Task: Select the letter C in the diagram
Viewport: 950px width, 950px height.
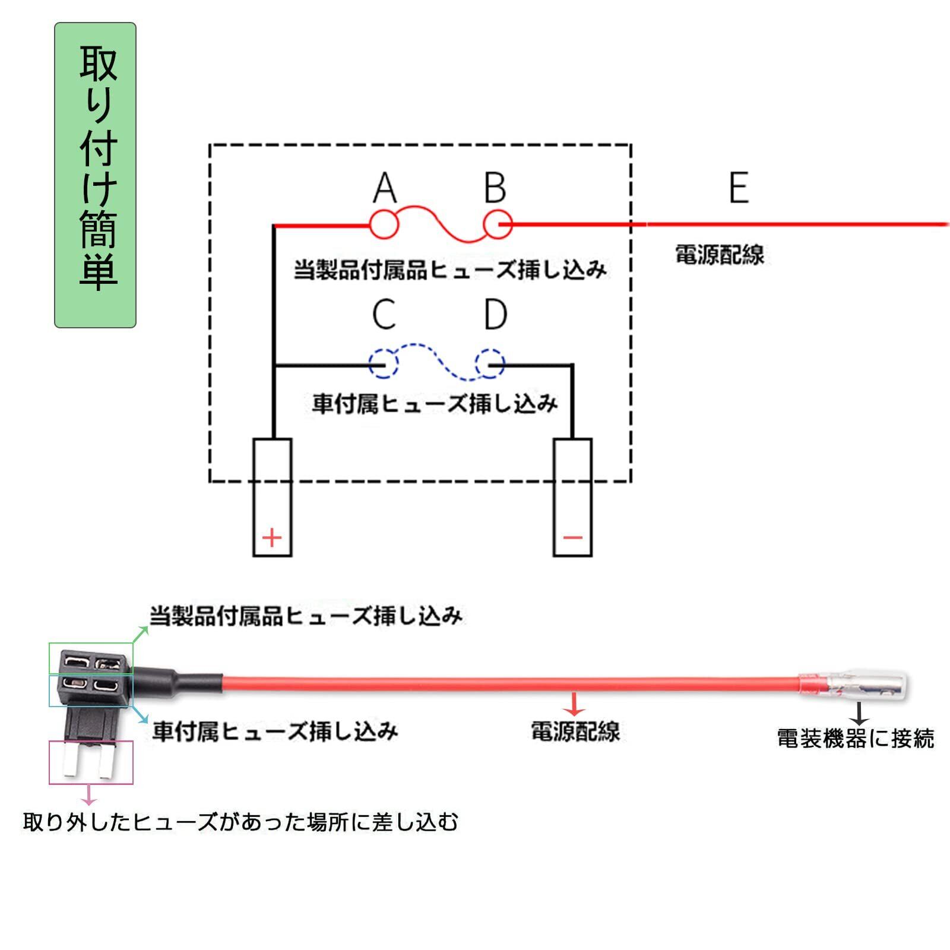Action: [x=384, y=314]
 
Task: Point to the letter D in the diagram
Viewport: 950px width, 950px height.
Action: [x=495, y=314]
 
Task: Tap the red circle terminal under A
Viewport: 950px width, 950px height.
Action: [x=384, y=224]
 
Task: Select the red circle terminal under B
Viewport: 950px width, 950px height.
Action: [x=498, y=224]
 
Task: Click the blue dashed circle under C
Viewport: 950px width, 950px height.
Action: [x=383, y=364]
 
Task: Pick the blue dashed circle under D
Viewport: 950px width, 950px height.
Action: [x=490, y=364]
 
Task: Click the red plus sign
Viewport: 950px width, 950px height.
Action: [x=272, y=538]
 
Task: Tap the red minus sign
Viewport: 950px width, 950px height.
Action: [x=572, y=538]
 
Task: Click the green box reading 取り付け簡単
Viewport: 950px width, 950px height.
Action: [x=96, y=175]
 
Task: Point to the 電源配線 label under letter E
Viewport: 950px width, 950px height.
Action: [x=719, y=255]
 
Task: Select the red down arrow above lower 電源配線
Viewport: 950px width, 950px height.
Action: [x=574, y=704]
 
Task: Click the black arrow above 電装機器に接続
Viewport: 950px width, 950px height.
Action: [x=859, y=713]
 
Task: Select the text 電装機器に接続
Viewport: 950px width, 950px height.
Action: [x=855, y=739]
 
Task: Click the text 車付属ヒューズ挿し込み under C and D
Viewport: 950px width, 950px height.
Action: [x=435, y=404]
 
